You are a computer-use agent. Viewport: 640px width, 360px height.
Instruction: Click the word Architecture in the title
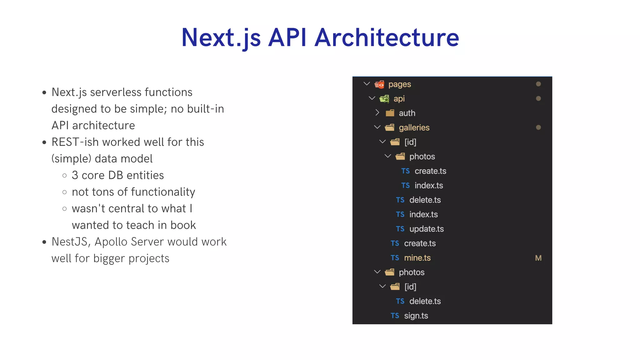click(x=387, y=37)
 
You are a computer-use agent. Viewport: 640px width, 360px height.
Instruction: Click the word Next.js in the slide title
click(x=221, y=37)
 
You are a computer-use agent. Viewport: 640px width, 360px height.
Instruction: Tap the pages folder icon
click(x=379, y=84)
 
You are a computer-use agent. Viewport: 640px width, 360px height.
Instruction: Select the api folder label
click(x=399, y=99)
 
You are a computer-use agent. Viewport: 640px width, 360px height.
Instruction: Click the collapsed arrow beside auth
click(x=377, y=113)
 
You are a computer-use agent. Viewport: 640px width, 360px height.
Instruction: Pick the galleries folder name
click(x=414, y=127)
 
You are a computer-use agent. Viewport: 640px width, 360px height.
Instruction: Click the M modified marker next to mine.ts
click(x=538, y=258)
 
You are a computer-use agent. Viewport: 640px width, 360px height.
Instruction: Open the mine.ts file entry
click(x=417, y=258)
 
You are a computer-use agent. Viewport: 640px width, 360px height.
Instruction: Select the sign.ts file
click(x=416, y=316)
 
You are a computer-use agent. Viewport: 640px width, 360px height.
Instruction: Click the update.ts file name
click(x=427, y=229)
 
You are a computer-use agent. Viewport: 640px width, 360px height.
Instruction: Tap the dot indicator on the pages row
click(x=538, y=84)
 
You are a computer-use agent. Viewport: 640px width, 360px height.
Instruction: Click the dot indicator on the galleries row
click(x=538, y=127)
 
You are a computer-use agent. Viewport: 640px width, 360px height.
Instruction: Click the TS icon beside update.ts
click(x=400, y=229)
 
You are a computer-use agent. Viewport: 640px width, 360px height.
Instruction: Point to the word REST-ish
click(x=75, y=142)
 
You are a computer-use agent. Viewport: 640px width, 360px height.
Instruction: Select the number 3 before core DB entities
click(x=75, y=175)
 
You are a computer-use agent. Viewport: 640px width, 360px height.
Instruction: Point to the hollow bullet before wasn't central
click(x=65, y=209)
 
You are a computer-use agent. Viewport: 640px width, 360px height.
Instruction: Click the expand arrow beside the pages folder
click(x=367, y=84)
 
